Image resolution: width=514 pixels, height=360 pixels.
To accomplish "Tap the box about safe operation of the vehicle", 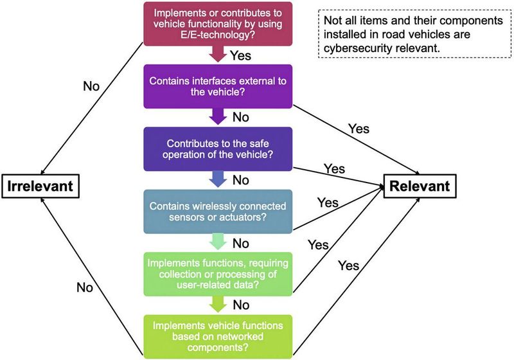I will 218,148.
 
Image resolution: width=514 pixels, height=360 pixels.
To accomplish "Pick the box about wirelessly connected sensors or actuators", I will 218,212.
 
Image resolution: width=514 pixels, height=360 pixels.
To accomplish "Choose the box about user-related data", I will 218,274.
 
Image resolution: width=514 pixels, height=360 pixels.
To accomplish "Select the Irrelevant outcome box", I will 40,186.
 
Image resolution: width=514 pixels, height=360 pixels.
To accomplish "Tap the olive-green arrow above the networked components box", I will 218,303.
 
